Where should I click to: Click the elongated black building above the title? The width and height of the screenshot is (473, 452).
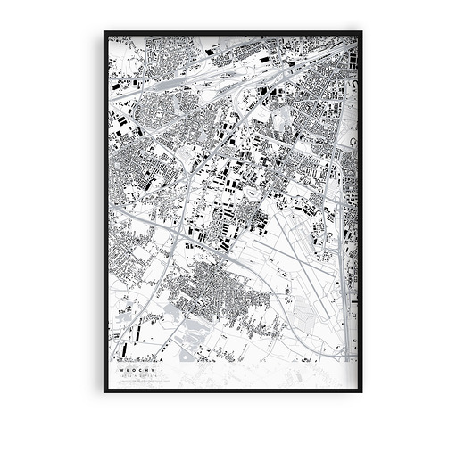click(138, 342)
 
